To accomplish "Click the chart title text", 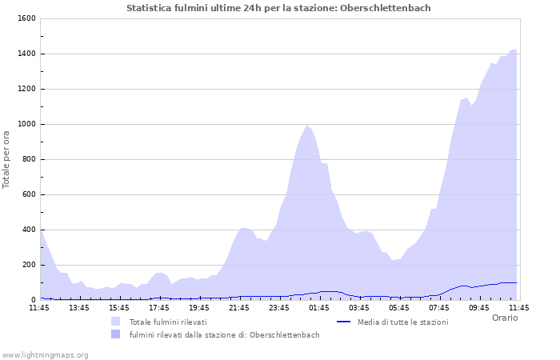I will click(278, 8).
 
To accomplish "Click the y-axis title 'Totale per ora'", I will click(7, 159).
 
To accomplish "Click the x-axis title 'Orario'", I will click(504, 318).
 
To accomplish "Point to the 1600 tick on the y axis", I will click(26, 18).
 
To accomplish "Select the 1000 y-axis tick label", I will click(26, 124).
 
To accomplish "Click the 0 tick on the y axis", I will click(33, 300).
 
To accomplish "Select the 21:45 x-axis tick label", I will click(239, 307).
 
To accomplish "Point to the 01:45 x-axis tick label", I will click(319, 307).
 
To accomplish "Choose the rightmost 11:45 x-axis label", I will click(518, 307).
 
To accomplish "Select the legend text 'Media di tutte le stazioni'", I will click(402, 322).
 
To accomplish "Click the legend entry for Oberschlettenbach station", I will click(224, 334).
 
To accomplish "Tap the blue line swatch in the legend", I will click(344, 322).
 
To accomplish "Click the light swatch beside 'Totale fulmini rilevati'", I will click(116, 322).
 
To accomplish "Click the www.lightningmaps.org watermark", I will click(44, 354).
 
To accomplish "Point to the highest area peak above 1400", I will click(513, 50).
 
